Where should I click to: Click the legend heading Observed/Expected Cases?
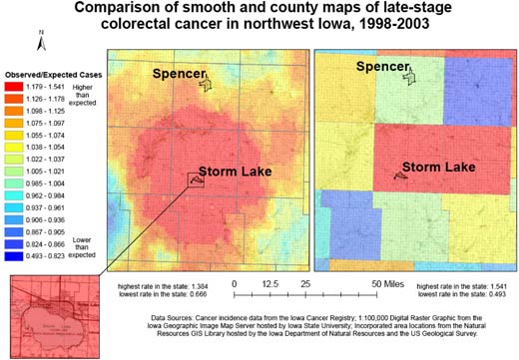pos(52,75)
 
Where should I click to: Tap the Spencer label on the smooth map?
pos(180,73)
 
